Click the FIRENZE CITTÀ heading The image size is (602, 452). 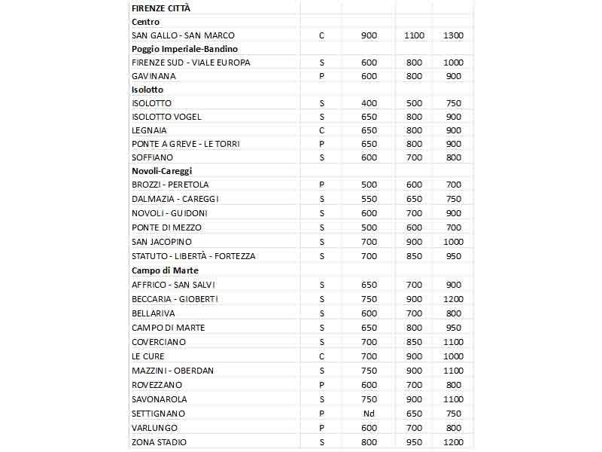click(x=161, y=8)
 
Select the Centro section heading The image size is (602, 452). click(x=145, y=22)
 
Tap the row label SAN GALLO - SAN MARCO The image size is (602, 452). click(x=183, y=35)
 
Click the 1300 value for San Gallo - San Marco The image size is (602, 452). click(x=453, y=35)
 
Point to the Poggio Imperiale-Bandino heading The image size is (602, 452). click(x=184, y=49)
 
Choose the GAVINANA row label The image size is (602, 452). click(x=154, y=76)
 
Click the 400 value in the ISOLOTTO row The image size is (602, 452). click(x=369, y=103)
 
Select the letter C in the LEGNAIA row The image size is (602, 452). click(x=321, y=130)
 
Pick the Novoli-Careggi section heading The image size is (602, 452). click(x=161, y=171)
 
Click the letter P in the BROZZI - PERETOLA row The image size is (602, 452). click(x=321, y=185)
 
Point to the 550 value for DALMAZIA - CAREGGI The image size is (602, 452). click(x=369, y=199)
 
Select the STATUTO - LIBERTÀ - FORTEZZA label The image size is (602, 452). click(x=193, y=256)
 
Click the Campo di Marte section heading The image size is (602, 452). click(x=165, y=270)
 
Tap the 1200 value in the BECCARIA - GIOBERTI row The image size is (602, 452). click(x=453, y=299)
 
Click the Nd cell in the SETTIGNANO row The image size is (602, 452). click(x=369, y=414)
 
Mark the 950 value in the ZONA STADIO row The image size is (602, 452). click(x=414, y=442)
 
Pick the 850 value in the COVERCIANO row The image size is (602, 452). click(x=414, y=342)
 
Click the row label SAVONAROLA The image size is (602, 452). click(x=159, y=399)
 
